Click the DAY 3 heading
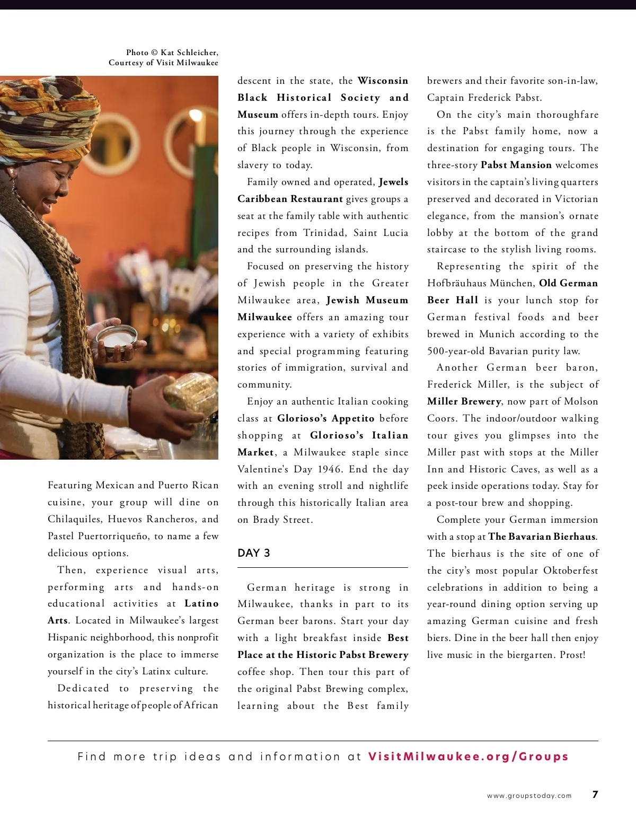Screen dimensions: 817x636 pos(254,553)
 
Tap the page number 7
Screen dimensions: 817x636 pos(595,794)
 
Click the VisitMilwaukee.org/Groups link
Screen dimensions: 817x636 pos(468,757)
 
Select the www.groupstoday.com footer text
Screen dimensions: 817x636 pos(529,795)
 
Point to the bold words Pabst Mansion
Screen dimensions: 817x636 pos(516,165)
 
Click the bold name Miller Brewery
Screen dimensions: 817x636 pos(464,401)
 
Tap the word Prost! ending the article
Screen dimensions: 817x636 pos(572,655)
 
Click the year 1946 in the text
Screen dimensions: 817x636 pos(330,469)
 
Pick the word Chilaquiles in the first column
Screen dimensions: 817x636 pos(75,519)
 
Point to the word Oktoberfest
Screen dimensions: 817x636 pos(570,570)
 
